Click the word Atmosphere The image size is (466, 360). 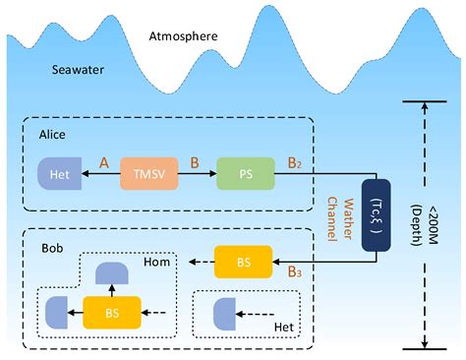pos(183,36)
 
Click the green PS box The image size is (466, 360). pos(243,174)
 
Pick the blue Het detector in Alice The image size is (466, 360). pos(57,174)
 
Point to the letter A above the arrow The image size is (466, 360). pos(103,159)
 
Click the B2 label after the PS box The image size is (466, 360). pos(294,158)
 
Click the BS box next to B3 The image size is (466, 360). pos(243,263)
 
